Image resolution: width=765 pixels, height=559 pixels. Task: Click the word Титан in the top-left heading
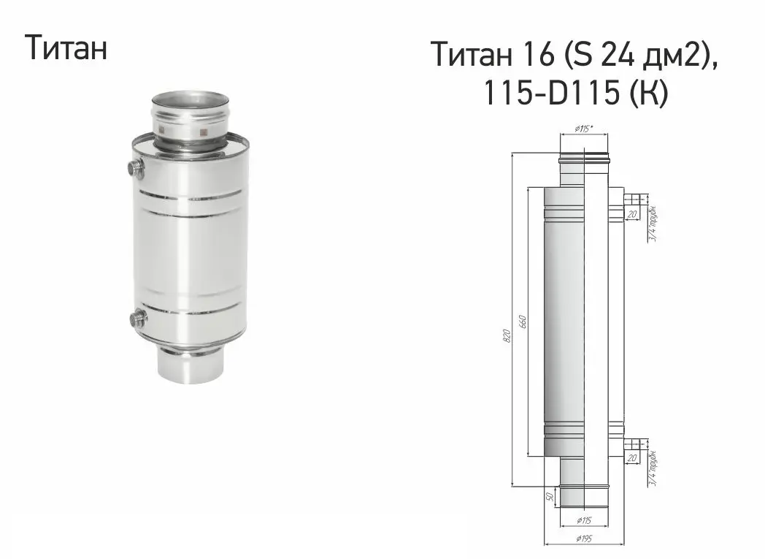pyautogui.click(x=66, y=47)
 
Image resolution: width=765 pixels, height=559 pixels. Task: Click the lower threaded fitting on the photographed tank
pyautogui.click(x=137, y=318)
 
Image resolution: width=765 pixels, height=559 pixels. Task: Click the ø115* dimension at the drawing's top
pyautogui.click(x=583, y=129)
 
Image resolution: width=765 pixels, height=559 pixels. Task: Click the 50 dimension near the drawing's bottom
pyautogui.click(x=550, y=496)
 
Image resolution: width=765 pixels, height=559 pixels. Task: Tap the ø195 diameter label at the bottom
pyautogui.click(x=583, y=539)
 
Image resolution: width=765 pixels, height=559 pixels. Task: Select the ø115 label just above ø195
pyautogui.click(x=583, y=521)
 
